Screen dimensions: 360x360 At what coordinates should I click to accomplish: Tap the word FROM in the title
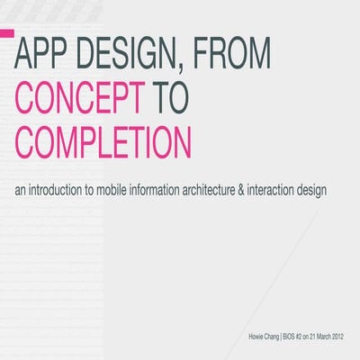(x=229, y=57)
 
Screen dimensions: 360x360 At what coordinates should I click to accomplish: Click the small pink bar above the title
(x=6, y=32)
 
